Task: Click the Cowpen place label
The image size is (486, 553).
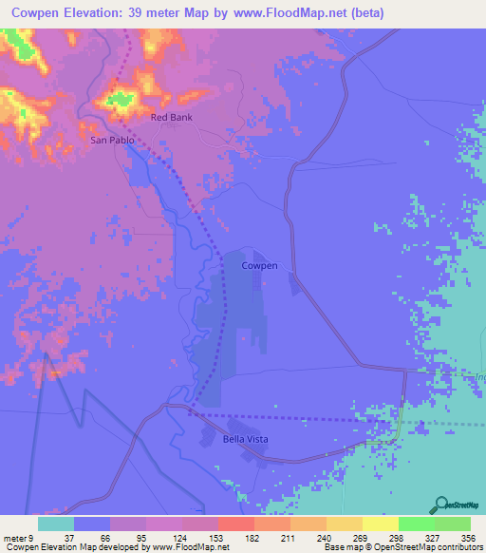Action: (x=259, y=266)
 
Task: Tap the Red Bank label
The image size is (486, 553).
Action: (x=171, y=118)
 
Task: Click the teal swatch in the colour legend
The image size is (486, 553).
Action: (x=55, y=524)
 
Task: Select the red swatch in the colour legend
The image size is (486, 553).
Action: (x=235, y=524)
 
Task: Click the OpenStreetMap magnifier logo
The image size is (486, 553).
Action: (x=439, y=505)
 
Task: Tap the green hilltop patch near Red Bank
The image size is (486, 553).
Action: (x=121, y=98)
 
